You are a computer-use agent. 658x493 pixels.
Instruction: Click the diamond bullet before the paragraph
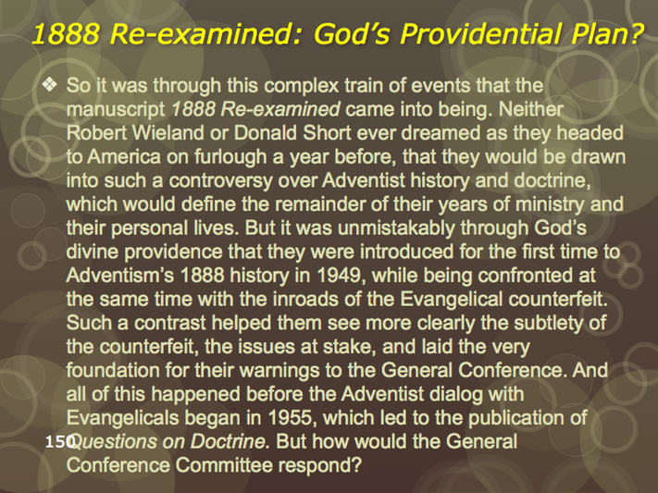50,85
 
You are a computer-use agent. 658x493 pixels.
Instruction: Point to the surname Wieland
168,133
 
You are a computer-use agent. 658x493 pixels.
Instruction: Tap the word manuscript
116,109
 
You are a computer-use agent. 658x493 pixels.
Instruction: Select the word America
124,157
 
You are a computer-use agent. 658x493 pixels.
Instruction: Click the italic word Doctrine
230,442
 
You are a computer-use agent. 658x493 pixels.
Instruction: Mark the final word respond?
320,466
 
